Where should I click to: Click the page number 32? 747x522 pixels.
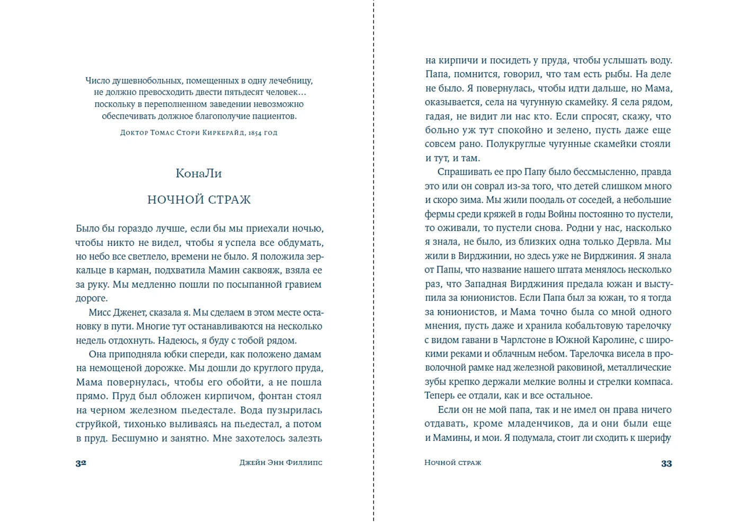pos(81,463)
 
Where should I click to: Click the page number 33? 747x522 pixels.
pos(666,463)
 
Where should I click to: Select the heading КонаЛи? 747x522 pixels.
pos(199,173)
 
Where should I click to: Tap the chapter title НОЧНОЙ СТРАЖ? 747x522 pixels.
pos(199,200)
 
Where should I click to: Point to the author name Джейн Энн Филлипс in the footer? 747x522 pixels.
pos(281,463)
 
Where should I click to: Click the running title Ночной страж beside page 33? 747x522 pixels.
pos(453,463)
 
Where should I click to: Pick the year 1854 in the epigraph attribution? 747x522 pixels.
pos(255,132)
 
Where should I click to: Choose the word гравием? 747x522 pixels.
pos(301,284)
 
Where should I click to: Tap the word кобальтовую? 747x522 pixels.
pos(561,326)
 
